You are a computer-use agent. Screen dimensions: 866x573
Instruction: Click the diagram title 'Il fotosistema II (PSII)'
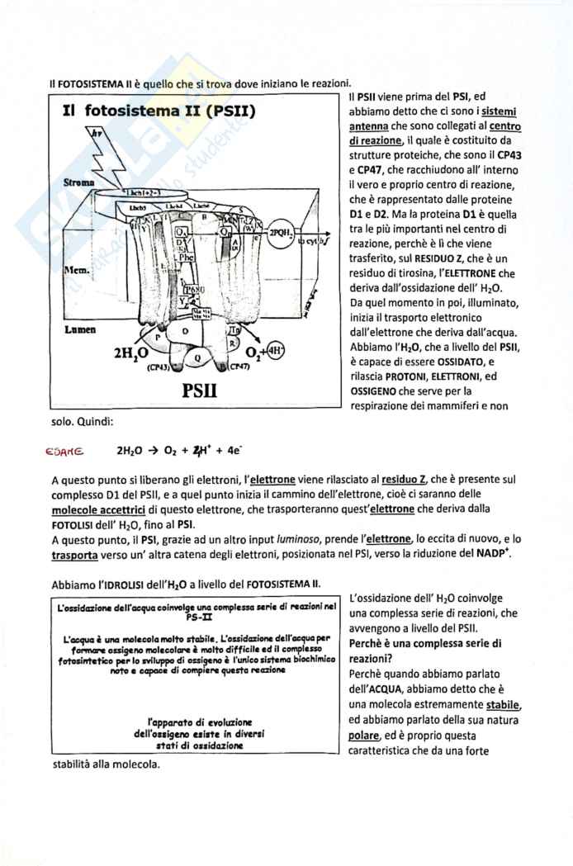(158, 111)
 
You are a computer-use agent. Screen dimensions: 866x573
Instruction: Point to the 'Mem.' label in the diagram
(77, 270)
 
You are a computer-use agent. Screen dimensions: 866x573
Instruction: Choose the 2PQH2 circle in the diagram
(281, 233)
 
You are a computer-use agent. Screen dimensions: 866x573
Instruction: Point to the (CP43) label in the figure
(159, 367)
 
